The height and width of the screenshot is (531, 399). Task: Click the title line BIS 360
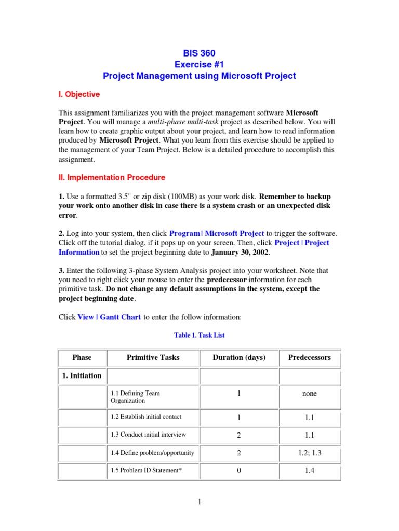[x=199, y=53]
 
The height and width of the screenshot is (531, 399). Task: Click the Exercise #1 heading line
[x=199, y=64]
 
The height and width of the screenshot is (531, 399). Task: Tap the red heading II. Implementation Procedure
[x=112, y=177]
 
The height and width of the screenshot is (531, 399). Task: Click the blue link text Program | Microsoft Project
[x=217, y=233]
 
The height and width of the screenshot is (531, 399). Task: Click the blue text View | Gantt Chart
[x=109, y=317]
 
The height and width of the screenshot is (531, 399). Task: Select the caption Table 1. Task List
[x=199, y=336]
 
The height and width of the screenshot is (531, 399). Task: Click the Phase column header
[x=82, y=357]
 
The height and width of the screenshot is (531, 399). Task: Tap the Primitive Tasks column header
[x=153, y=357]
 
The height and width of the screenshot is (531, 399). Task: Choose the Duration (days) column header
[x=239, y=357]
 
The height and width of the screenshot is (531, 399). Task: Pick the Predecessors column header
[x=309, y=357]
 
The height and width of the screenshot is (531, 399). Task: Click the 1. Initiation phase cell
[x=82, y=375]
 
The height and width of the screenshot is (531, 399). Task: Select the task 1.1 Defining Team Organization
[x=135, y=397]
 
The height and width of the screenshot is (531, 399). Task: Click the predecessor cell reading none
[x=309, y=394]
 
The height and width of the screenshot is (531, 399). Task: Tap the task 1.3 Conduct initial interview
[x=148, y=435]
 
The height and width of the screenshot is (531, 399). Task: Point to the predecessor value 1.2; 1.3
[x=309, y=453]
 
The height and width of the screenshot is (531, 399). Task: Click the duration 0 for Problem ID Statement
[x=239, y=471]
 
